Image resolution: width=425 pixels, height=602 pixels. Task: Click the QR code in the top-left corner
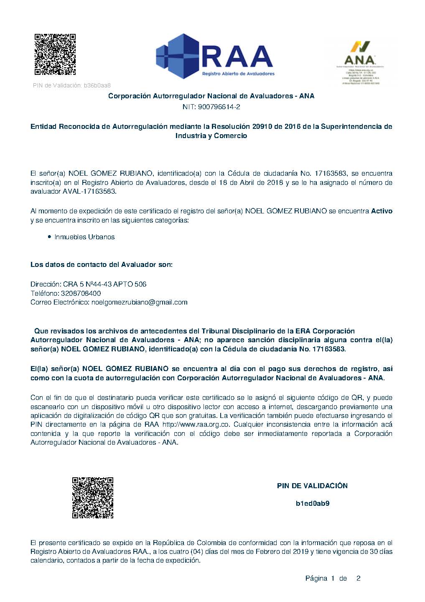pyautogui.click(x=55, y=54)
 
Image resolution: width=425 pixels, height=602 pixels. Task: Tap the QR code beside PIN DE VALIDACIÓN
pyautogui.click(x=93, y=497)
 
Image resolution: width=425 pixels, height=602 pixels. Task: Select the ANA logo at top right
pyautogui.click(x=361, y=59)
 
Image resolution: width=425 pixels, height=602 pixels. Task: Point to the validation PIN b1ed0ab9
pyautogui.click(x=312, y=503)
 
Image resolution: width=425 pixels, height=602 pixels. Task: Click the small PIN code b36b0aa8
pyautogui.click(x=97, y=86)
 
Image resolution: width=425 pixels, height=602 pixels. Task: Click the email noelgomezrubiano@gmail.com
pyautogui.click(x=139, y=302)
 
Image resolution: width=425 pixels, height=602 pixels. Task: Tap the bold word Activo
pyautogui.click(x=382, y=211)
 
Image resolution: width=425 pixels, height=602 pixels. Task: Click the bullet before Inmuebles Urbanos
pyautogui.click(x=50, y=237)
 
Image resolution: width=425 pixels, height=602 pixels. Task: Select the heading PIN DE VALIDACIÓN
pyautogui.click(x=312, y=486)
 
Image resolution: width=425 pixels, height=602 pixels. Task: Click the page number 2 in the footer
pyautogui.click(x=358, y=579)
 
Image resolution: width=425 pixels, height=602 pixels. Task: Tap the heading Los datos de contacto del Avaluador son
pyautogui.click(x=101, y=265)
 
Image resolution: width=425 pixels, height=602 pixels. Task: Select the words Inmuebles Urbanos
pyautogui.click(x=84, y=237)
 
